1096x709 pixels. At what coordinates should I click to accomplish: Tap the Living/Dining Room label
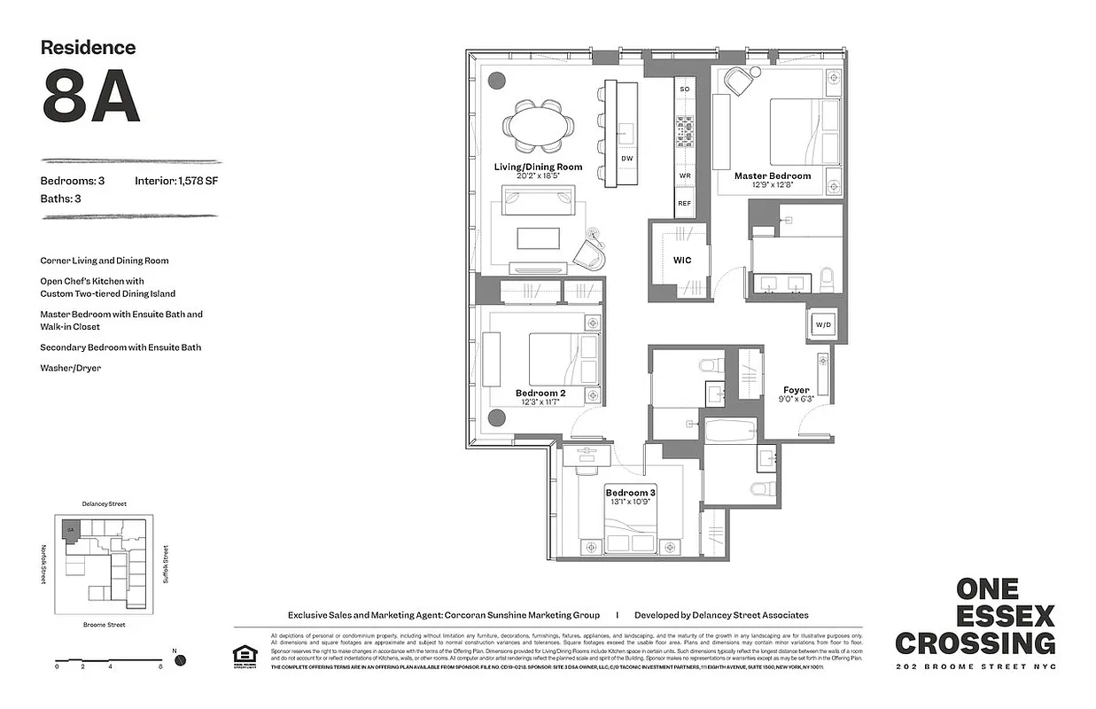[x=538, y=167]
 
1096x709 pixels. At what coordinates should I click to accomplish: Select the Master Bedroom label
[x=772, y=175]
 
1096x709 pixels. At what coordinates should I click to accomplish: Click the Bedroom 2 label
[x=540, y=393]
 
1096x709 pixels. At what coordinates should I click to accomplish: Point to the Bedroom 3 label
[x=630, y=492]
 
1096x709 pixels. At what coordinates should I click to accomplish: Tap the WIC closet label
[x=681, y=261]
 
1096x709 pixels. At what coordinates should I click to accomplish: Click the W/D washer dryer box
[x=823, y=325]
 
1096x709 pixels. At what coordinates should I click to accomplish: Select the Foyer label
[x=796, y=390]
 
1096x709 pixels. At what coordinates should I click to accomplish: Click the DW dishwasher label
[x=627, y=159]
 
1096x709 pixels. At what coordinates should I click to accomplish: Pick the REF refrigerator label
[x=684, y=203]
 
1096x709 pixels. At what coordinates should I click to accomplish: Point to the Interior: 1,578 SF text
[x=178, y=181]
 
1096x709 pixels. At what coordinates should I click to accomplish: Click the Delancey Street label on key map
[x=103, y=503]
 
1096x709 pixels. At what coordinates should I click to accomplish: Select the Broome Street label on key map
[x=103, y=625]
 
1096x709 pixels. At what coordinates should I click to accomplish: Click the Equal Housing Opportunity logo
[x=243, y=655]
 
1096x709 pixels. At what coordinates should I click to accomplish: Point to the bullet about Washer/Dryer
[x=70, y=368]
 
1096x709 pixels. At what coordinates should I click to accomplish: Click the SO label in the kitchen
[x=684, y=90]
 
